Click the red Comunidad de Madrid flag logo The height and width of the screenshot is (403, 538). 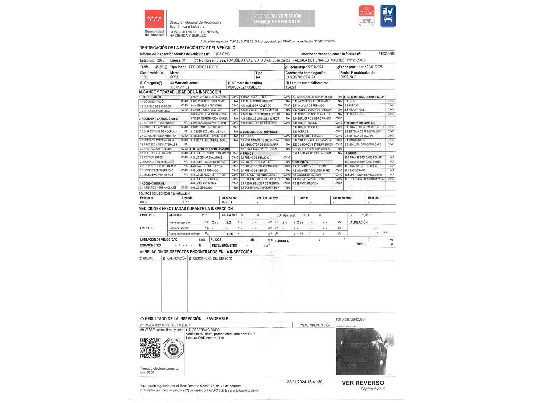(x=154, y=19)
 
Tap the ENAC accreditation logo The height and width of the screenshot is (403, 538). (x=367, y=16)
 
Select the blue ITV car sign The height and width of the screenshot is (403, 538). (x=388, y=16)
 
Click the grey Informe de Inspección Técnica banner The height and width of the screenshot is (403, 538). (x=277, y=19)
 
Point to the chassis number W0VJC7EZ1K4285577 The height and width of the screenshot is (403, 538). (x=244, y=87)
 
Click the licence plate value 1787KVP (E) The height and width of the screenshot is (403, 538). (x=179, y=87)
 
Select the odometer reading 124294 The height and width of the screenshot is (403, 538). (x=291, y=87)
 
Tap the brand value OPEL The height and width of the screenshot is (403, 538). (x=174, y=77)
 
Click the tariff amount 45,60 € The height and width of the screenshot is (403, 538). (x=161, y=67)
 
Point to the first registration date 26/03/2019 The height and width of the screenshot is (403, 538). (x=348, y=77)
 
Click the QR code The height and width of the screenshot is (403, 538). (x=150, y=348)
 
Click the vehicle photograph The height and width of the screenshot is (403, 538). (x=365, y=351)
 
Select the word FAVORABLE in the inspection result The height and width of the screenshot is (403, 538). (x=217, y=319)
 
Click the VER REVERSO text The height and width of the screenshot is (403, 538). (x=363, y=383)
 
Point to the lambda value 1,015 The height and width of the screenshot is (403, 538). (x=366, y=215)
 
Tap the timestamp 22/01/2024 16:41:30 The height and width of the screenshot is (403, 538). (x=305, y=382)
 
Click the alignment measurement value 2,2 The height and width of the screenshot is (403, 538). (x=376, y=228)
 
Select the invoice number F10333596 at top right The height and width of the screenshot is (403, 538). (x=386, y=54)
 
